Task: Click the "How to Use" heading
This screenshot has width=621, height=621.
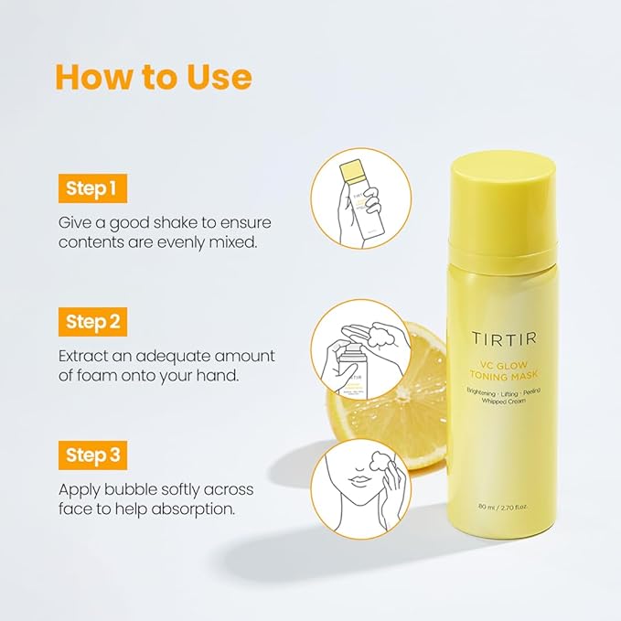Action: pyautogui.click(x=154, y=77)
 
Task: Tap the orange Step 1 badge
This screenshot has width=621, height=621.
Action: pyautogui.click(x=92, y=188)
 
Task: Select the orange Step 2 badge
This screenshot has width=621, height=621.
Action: pyautogui.click(x=92, y=322)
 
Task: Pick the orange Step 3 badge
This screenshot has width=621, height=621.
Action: pyautogui.click(x=92, y=455)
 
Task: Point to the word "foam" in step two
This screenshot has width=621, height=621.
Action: pyautogui.click(x=95, y=375)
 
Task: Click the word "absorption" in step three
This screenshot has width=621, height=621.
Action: pyautogui.click(x=193, y=509)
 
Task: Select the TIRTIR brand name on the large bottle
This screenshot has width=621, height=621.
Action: pyautogui.click(x=504, y=338)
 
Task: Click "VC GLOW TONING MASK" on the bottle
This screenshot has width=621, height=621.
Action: pyautogui.click(x=504, y=369)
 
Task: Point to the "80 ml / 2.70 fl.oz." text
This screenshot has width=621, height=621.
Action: pyautogui.click(x=503, y=507)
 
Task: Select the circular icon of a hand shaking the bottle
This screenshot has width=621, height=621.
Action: pyautogui.click(x=360, y=198)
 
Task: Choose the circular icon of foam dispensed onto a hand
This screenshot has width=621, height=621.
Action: pyautogui.click(x=360, y=349)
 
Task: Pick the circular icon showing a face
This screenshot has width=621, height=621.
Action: pyautogui.click(x=360, y=488)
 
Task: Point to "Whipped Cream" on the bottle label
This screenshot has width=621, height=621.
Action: pyautogui.click(x=504, y=401)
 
